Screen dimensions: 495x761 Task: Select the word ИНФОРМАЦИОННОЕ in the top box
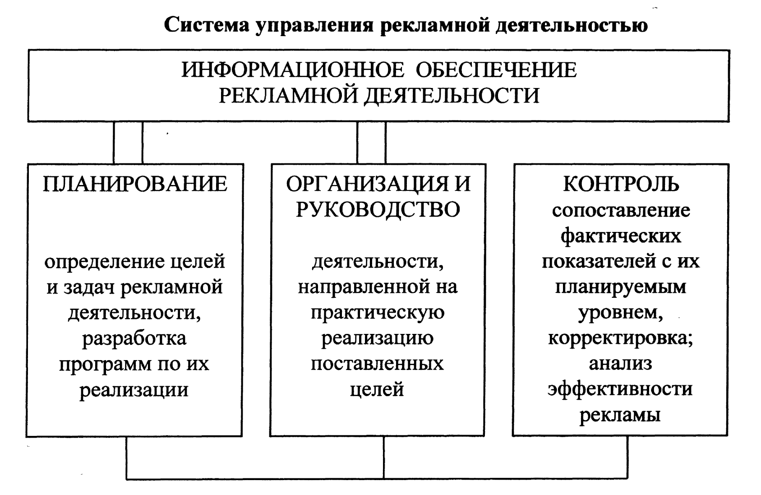pyautogui.click(x=293, y=70)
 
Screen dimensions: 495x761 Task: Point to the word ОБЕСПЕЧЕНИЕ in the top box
pyautogui.click(x=496, y=70)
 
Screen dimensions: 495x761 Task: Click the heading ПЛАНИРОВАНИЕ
pyautogui.click(x=135, y=184)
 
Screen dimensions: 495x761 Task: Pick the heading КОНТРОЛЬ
pyautogui.click(x=621, y=184)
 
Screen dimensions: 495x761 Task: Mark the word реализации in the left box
pyautogui.click(x=134, y=389)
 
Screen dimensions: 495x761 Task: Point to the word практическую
pyautogui.click(x=378, y=313)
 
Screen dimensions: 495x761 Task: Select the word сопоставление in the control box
pyautogui.click(x=621, y=210)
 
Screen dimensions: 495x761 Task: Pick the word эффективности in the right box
pyautogui.click(x=620, y=389)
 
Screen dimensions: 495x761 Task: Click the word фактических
pyautogui.click(x=621, y=236)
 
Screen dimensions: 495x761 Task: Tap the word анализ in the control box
pyautogui.click(x=620, y=364)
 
